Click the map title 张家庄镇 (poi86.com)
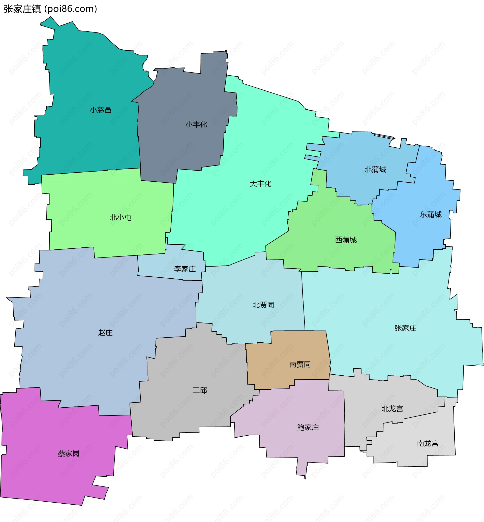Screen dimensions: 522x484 point(50,9)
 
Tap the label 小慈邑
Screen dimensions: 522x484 point(101,110)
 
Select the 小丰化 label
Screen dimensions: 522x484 point(196,124)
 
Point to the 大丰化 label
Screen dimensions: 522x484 point(260,184)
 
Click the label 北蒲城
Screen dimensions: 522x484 point(375,170)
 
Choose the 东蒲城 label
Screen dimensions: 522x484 point(431,215)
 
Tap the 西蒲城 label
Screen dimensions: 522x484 point(346,240)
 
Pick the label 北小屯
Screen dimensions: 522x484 point(120,217)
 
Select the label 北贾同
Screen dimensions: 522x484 point(263,305)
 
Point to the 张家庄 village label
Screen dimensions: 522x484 point(405,328)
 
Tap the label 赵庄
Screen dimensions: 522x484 point(105,333)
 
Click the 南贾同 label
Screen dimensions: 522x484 point(300,364)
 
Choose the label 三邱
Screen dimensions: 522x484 point(200,390)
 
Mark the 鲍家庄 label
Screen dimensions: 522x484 point(308,428)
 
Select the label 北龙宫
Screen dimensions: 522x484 point(392,409)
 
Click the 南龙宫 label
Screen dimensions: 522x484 point(428,443)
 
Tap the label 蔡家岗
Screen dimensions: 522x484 point(69,453)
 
